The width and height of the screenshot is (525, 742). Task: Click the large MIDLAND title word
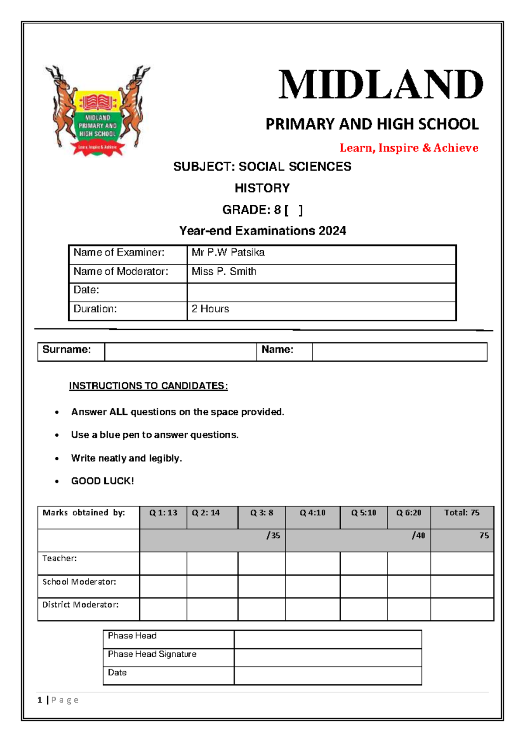coord(380,85)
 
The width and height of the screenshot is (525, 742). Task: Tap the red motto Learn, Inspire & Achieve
coord(409,148)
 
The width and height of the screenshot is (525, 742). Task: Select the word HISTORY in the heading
coord(262,188)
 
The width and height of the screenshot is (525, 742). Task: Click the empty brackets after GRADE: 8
coord(294,210)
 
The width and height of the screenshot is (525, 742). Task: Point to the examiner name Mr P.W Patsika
coord(228,252)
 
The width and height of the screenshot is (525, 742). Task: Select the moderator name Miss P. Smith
coord(224,272)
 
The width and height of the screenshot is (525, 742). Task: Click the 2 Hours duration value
coord(210,309)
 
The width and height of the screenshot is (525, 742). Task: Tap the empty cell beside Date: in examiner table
coord(321,292)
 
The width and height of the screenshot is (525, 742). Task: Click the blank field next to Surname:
coord(180,352)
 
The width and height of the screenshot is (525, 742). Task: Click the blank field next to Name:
coord(399,352)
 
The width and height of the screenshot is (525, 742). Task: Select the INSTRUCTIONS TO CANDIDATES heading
coord(148,386)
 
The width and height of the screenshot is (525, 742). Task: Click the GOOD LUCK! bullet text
coord(102,481)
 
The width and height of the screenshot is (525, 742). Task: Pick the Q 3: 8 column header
coord(262,513)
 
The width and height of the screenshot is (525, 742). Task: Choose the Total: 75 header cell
coord(462,513)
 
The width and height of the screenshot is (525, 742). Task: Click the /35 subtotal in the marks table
coord(273,535)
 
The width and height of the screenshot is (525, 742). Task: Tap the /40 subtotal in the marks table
coord(418,535)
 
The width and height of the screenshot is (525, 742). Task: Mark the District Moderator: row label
coord(80,605)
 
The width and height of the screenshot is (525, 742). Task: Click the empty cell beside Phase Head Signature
coord(328,658)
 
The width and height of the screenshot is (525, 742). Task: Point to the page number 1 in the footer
coord(40,700)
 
